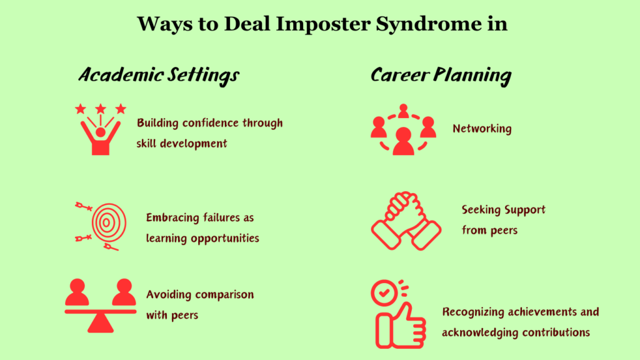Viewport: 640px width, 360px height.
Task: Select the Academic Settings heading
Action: point(159,76)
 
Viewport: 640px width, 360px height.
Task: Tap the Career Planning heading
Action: point(441,76)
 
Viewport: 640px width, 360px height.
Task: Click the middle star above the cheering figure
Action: point(100,109)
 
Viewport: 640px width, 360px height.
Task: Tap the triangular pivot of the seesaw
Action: point(100,322)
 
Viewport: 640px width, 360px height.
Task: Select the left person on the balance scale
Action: point(77,292)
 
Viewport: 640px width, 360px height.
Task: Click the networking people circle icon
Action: point(403,129)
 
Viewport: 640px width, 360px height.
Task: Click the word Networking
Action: point(482,129)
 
